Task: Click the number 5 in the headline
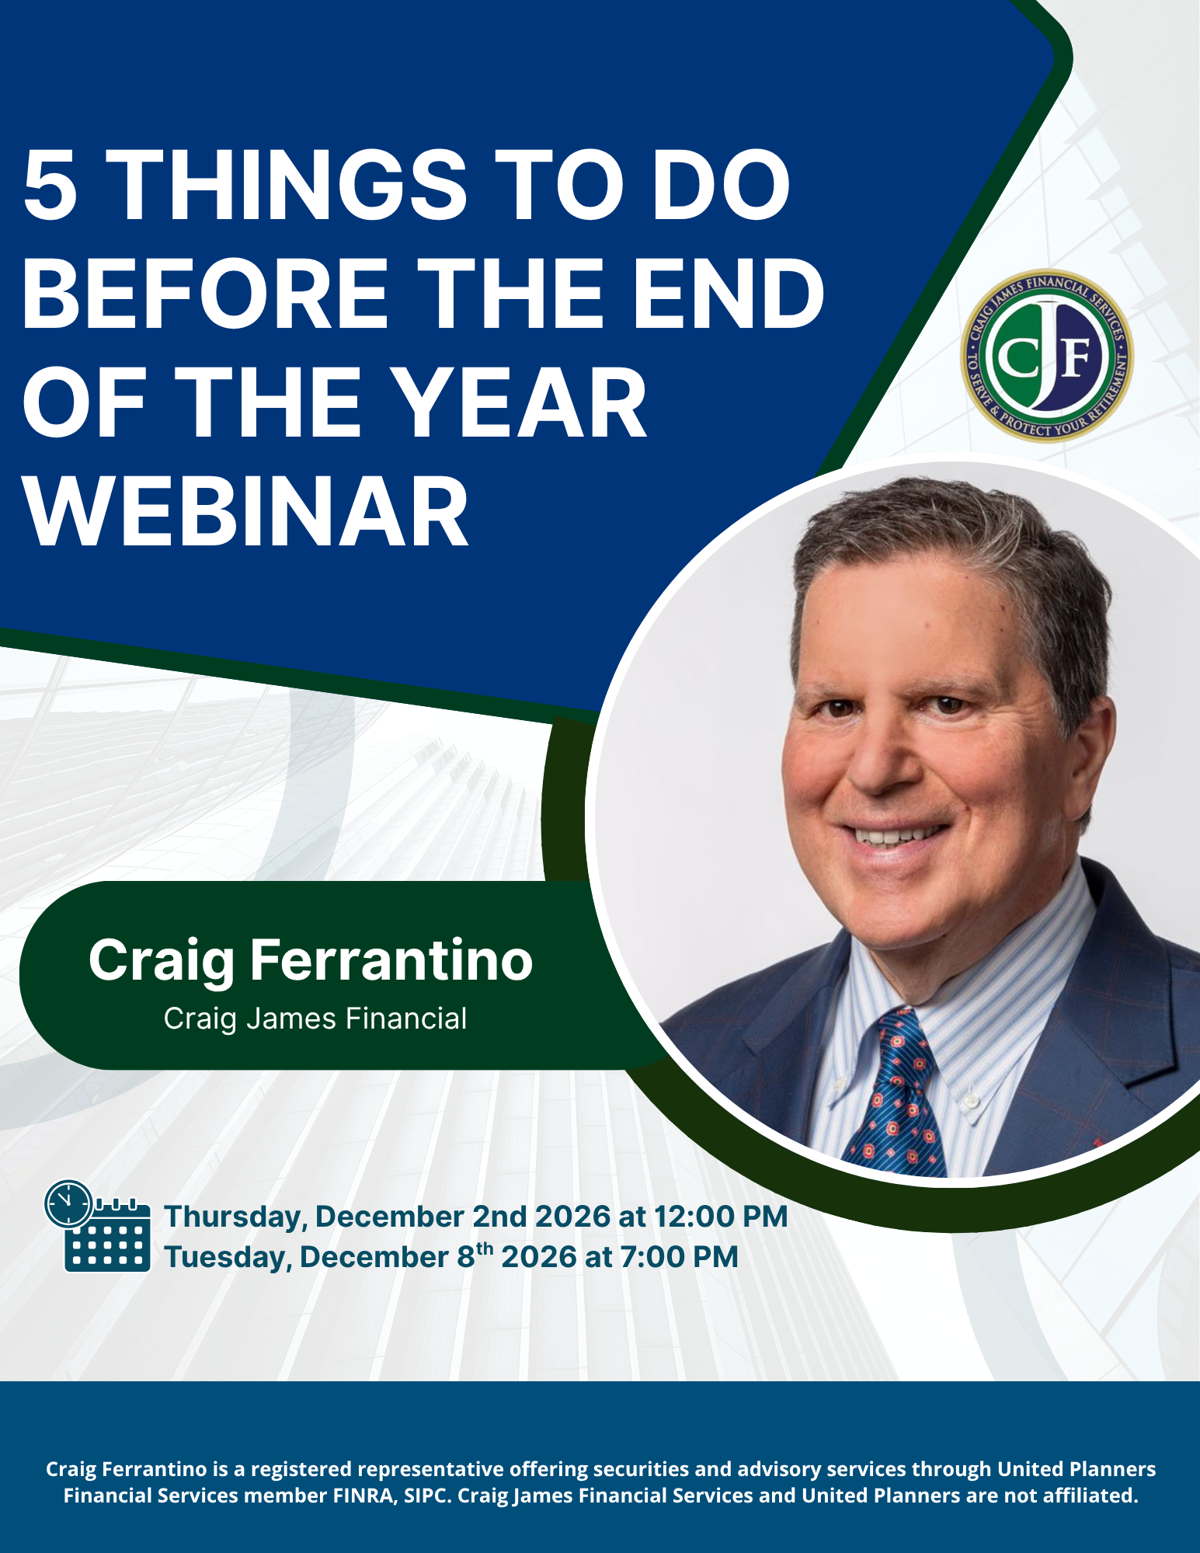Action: (51, 185)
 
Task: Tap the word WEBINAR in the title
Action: (246, 512)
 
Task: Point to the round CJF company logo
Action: (1047, 357)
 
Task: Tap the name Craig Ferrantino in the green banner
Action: (311, 960)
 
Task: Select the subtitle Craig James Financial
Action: (315, 1019)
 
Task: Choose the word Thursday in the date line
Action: (235, 1217)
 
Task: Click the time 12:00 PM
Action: (721, 1217)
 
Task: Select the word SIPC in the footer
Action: (427, 1496)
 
